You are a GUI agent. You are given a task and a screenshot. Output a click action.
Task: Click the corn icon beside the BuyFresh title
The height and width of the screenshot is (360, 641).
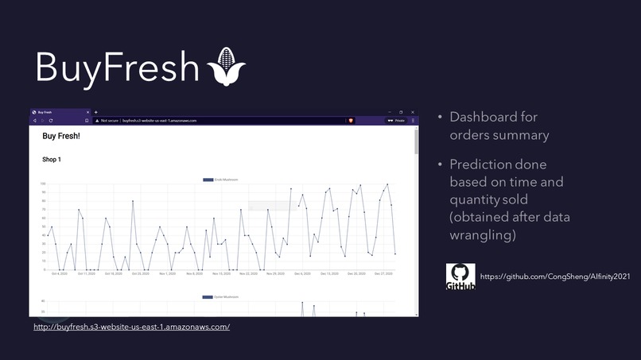point(226,67)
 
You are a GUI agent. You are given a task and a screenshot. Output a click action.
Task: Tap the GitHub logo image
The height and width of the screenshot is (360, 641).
point(460,277)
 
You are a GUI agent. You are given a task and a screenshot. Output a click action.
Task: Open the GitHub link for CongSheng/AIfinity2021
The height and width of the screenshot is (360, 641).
point(555,277)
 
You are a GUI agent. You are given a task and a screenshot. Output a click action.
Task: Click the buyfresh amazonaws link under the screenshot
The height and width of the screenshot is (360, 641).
point(131,327)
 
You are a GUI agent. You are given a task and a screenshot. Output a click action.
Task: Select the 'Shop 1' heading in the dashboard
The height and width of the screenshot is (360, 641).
point(52,160)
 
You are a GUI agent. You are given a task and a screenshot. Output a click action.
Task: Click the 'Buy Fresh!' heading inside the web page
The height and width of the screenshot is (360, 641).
point(61,137)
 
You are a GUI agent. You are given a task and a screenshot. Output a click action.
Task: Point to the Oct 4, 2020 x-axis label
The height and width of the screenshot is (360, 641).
point(59,274)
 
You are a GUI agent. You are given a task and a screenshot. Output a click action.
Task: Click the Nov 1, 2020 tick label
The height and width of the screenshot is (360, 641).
point(167,274)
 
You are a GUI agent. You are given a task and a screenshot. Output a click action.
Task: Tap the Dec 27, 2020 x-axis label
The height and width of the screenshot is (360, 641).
point(384,274)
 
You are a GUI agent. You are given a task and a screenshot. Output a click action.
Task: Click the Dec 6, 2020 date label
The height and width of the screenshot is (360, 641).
point(302,274)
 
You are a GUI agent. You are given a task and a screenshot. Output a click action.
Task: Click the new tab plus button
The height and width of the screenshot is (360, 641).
point(96,112)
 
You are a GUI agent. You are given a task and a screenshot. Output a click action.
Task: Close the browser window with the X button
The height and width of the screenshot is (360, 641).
point(413,112)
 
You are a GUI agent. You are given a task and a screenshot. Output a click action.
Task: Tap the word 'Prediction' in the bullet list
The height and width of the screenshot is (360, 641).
point(480,165)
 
